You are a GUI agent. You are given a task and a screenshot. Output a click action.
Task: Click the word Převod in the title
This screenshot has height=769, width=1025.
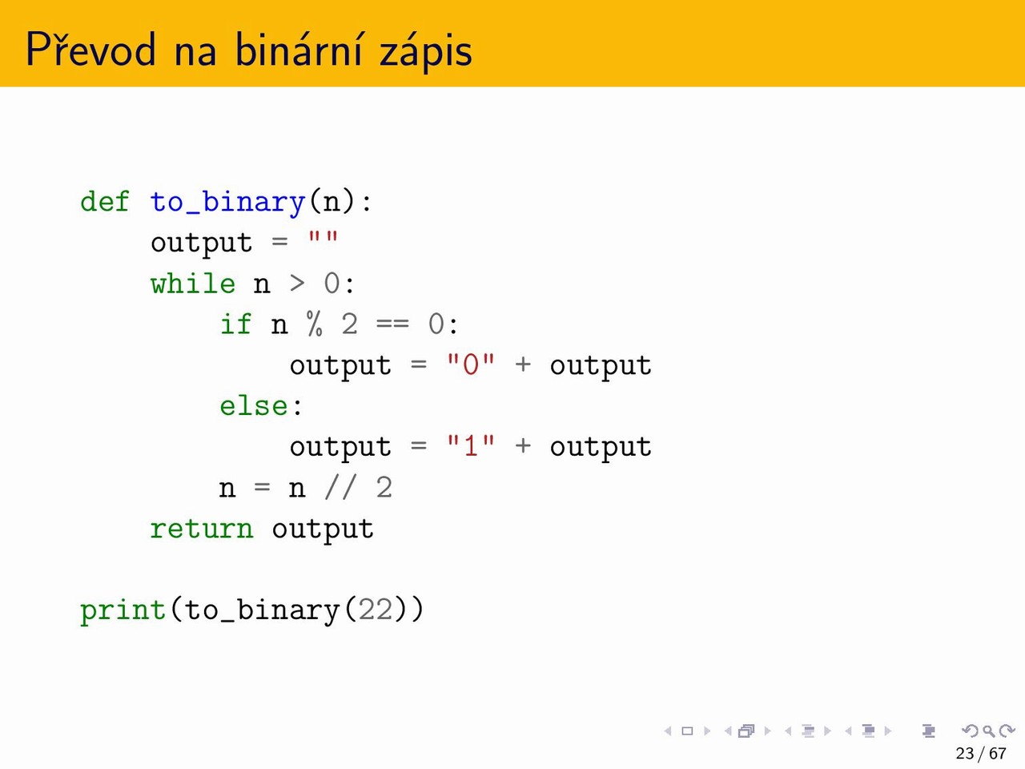[x=90, y=49]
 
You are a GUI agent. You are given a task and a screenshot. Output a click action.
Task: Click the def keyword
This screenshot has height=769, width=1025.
[x=104, y=202]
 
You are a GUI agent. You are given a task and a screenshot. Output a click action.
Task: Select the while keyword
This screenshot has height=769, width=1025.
[x=193, y=284]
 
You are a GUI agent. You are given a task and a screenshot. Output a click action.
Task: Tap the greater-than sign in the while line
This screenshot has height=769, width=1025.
[x=297, y=284]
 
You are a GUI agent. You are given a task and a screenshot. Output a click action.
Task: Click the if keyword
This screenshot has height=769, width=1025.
[x=235, y=324]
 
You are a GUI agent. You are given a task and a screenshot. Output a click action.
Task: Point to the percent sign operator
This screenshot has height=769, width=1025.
[x=314, y=324]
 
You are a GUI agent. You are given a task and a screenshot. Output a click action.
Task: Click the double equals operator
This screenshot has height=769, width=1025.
[x=392, y=324]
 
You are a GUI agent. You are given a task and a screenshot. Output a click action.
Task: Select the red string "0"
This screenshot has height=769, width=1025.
[x=470, y=365]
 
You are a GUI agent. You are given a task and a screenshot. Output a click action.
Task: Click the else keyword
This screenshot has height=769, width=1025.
[x=254, y=406]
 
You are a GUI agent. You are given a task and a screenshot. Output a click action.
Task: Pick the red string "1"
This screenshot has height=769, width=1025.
[x=470, y=446]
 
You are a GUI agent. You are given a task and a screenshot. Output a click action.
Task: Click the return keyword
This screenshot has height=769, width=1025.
[x=201, y=529]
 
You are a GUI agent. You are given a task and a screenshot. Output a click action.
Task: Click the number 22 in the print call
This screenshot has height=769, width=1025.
[x=376, y=610]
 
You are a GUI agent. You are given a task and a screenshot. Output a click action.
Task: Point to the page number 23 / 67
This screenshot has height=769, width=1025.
[x=981, y=753]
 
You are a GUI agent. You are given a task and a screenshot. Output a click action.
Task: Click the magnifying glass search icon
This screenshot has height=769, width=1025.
[x=988, y=731]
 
